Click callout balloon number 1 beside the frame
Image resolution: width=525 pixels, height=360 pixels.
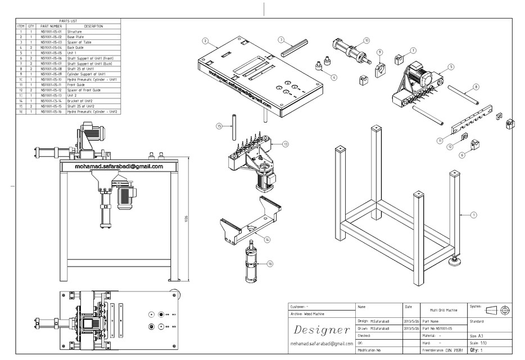(473, 214)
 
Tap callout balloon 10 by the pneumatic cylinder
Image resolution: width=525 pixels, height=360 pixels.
(366, 40)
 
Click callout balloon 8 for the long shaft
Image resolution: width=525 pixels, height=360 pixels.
(476, 87)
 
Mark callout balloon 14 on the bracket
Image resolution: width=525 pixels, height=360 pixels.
(268, 239)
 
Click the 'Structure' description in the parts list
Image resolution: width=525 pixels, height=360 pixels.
(75, 32)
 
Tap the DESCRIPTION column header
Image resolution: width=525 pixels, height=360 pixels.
(93, 26)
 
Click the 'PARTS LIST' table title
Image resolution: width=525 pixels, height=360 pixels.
(68, 21)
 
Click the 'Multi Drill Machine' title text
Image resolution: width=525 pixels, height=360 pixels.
(443, 309)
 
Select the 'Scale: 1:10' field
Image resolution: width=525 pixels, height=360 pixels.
(478, 343)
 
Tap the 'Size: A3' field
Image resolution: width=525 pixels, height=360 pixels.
(477, 335)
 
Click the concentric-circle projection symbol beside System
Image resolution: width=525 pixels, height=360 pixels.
(505, 310)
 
